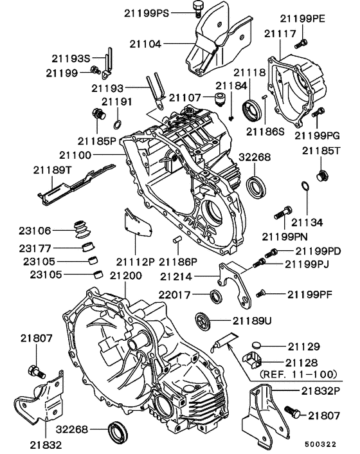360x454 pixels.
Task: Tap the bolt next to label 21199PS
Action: point(197,8)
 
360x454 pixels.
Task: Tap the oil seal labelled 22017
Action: point(217,295)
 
